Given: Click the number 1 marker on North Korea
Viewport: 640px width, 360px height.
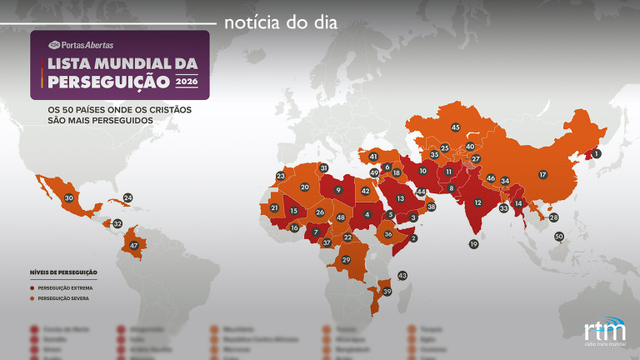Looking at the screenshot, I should pyautogui.click(x=596, y=154).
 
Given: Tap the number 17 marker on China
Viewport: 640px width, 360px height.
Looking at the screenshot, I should pyautogui.click(x=542, y=174).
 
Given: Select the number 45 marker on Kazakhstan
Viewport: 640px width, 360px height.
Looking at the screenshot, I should pyautogui.click(x=455, y=127).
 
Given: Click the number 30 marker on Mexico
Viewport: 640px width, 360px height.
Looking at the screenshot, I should pyautogui.click(x=69, y=198).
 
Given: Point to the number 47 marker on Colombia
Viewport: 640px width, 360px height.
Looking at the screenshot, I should pyautogui.click(x=133, y=245).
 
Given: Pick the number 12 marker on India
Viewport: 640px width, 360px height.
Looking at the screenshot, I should pyautogui.click(x=477, y=202).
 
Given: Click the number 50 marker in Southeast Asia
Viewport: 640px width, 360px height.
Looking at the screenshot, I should pyautogui.click(x=559, y=237).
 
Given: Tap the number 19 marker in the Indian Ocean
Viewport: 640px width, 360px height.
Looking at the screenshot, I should pyautogui.click(x=473, y=244).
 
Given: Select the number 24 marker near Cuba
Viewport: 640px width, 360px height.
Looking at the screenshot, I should pyautogui.click(x=127, y=198).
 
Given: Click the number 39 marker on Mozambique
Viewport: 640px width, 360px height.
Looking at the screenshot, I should pyautogui.click(x=386, y=291).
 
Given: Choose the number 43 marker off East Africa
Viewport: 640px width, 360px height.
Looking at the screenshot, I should pyautogui.click(x=402, y=275).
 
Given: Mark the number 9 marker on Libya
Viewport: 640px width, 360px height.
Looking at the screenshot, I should pyautogui.click(x=337, y=190).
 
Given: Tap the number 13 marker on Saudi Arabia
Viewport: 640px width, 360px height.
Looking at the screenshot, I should pyautogui.click(x=400, y=198).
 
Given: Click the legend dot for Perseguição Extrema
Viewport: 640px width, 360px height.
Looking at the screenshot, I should pyautogui.click(x=32, y=287).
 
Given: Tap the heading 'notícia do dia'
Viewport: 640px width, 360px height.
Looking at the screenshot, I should pyautogui.click(x=280, y=22).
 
